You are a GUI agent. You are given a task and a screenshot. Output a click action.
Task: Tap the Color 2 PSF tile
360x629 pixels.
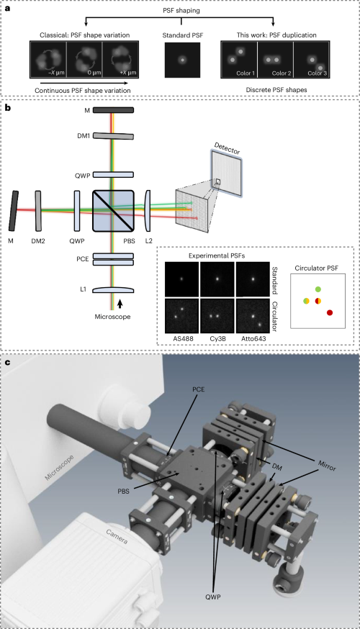pyautogui.click(x=275, y=59)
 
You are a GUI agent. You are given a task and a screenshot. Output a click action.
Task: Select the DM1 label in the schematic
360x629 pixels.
pyautogui.click(x=84, y=136)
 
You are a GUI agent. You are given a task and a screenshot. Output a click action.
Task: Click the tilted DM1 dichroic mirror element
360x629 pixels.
pyautogui.click(x=113, y=136)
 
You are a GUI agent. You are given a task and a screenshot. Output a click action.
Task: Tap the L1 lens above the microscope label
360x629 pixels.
pyautogui.click(x=113, y=290)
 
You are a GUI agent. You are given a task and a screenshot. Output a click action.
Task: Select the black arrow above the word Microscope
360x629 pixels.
pyautogui.click(x=120, y=304)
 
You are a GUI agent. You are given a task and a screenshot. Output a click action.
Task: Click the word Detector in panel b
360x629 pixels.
pyautogui.click(x=227, y=148)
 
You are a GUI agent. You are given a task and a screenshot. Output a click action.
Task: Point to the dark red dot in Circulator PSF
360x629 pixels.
pyautogui.click(x=330, y=312)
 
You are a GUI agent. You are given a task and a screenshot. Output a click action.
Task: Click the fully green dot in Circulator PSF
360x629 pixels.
pyautogui.click(x=318, y=289)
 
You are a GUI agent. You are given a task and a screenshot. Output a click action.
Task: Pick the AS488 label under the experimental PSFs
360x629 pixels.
pyautogui.click(x=183, y=338)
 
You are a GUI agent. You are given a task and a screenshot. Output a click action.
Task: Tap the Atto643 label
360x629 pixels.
pyautogui.click(x=253, y=338)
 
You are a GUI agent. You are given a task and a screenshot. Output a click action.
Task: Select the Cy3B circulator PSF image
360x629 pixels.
pyautogui.click(x=217, y=316)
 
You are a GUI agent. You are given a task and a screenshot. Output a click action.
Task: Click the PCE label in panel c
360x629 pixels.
pyautogui.click(x=198, y=389)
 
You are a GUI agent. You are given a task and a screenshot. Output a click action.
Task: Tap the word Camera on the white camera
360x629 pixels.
pyautogui.click(x=117, y=537)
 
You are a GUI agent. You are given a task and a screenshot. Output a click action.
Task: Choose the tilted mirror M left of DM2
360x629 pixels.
pyautogui.click(x=14, y=211)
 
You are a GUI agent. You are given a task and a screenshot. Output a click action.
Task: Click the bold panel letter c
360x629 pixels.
pyautogui.click(x=8, y=363)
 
